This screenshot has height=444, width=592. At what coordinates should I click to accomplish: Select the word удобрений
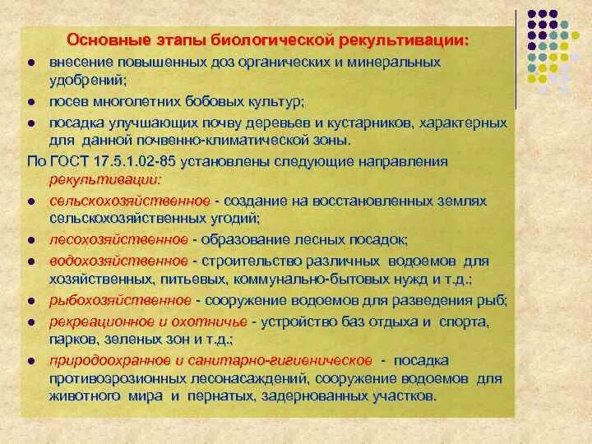pos(83,81)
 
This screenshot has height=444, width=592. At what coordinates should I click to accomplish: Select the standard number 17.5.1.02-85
pos(131,160)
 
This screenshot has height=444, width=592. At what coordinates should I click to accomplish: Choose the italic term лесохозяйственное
pos(119,239)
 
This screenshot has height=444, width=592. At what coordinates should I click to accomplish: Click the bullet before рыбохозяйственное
pos(30,301)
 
